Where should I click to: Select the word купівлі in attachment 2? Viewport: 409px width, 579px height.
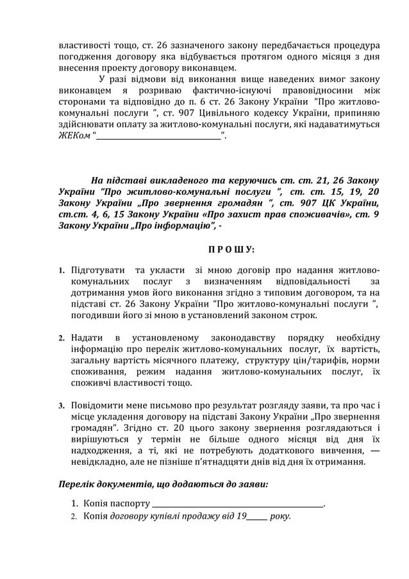(x=169, y=516)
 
